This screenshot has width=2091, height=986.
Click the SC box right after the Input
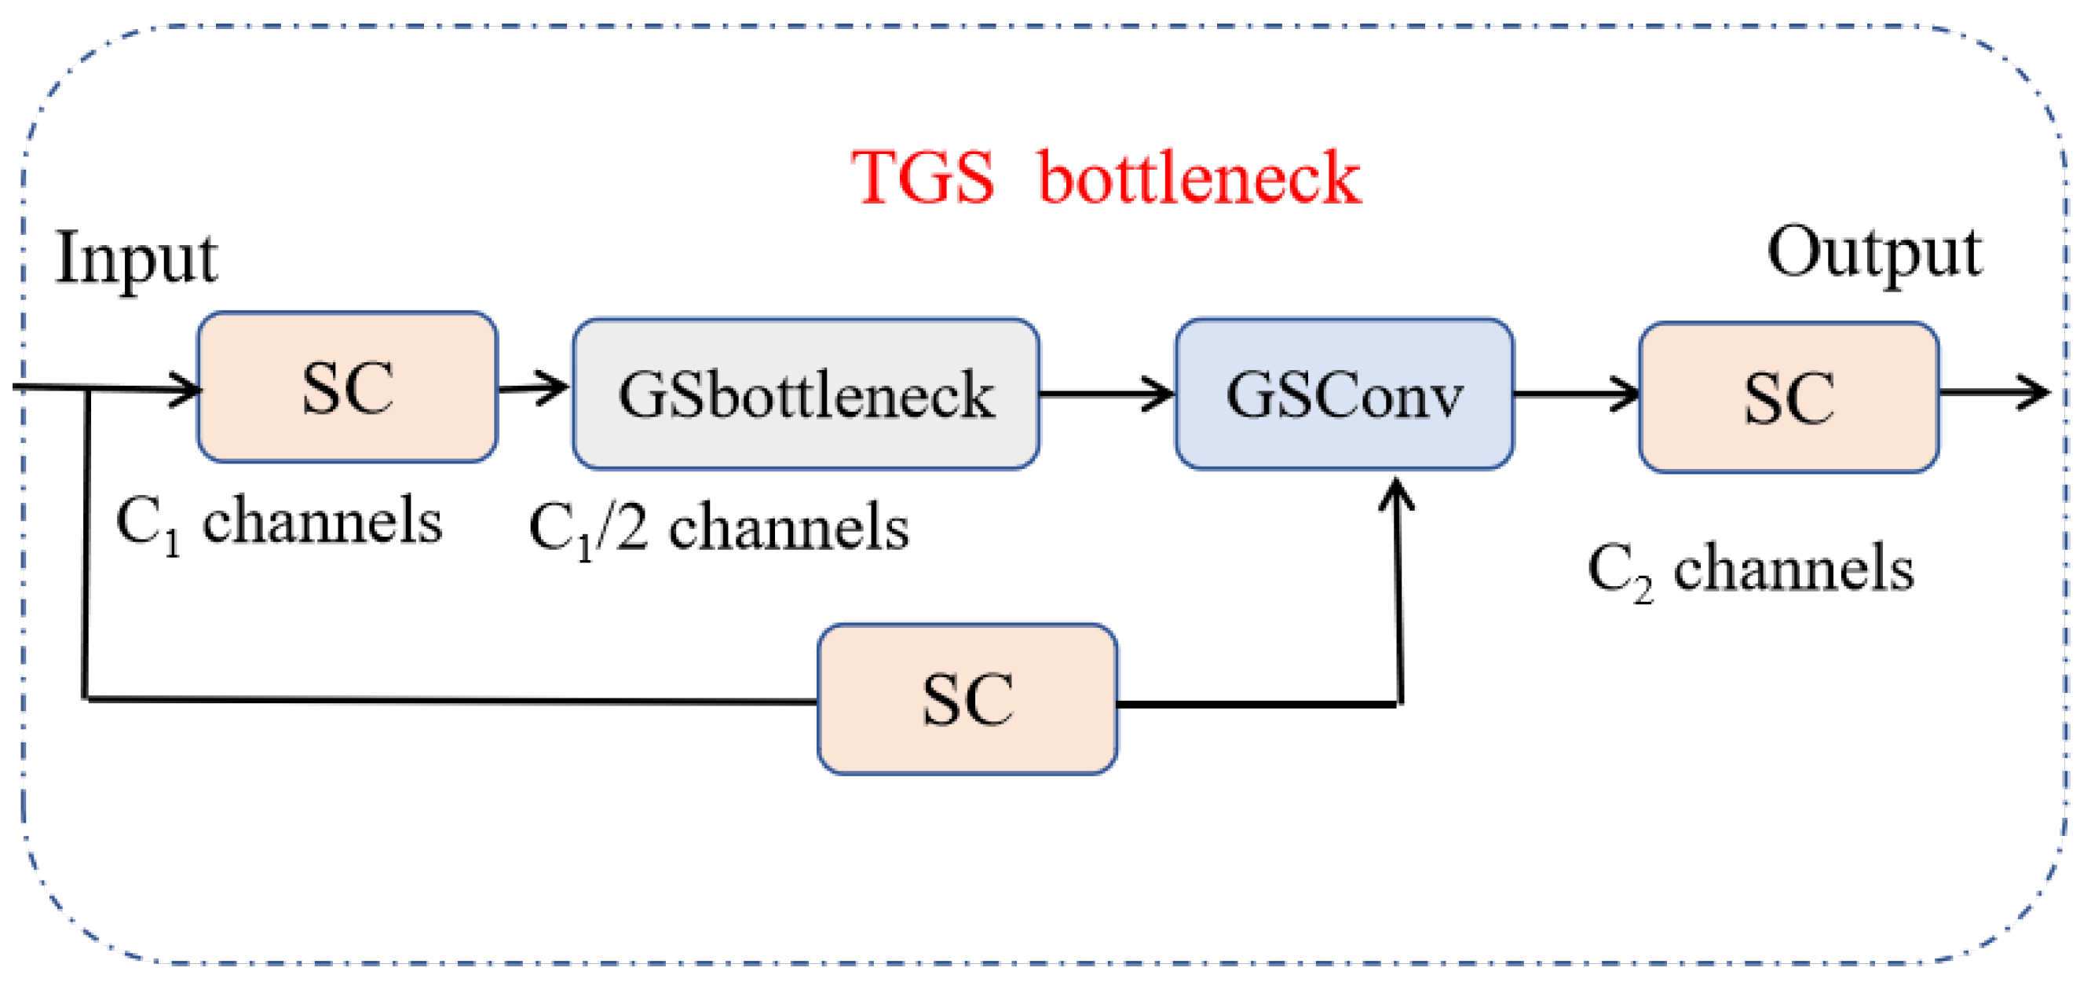[347, 387]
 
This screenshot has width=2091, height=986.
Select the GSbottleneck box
[806, 394]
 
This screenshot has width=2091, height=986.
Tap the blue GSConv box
[1344, 394]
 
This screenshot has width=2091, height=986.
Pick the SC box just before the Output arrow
[1789, 398]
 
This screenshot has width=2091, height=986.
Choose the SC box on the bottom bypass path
[967, 699]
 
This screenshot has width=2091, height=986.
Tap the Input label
[136, 258]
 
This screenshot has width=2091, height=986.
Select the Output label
[1874, 253]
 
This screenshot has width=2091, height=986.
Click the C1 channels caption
[279, 522]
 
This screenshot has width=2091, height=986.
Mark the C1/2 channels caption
[718, 529]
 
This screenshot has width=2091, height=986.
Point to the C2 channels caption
[1750, 570]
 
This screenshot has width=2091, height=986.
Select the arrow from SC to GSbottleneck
[534, 388]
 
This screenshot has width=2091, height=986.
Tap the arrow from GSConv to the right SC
[1577, 394]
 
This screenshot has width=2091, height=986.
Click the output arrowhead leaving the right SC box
[2034, 392]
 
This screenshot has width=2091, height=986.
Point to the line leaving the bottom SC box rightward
[1258, 703]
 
